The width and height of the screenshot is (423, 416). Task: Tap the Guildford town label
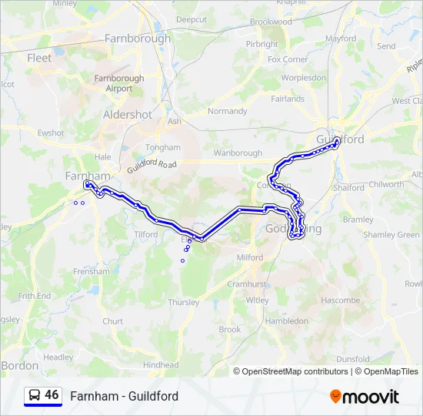tap(340, 139)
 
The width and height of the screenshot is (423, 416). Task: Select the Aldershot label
tap(128, 114)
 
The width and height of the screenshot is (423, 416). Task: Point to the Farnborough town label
tap(138, 38)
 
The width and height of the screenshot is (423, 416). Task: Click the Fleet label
tap(39, 58)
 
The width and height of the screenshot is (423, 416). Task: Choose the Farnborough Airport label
tap(118, 83)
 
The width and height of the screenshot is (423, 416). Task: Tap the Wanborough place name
tap(238, 153)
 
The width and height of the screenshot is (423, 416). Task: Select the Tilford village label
tap(145, 234)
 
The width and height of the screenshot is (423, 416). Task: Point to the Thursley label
tap(183, 302)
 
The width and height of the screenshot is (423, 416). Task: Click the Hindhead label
tap(160, 364)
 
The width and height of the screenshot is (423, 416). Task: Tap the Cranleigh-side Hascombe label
tap(340, 300)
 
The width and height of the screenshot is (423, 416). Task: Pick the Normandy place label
tap(227, 111)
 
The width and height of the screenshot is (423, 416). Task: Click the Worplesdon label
tap(304, 78)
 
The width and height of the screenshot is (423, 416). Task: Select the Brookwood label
tap(271, 22)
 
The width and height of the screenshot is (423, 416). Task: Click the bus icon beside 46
tap(34, 395)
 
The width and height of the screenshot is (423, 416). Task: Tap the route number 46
tap(52, 394)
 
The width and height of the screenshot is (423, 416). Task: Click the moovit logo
tap(365, 396)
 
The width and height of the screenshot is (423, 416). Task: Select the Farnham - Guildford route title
tap(124, 396)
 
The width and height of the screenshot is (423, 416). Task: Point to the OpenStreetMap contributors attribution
tap(295, 371)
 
